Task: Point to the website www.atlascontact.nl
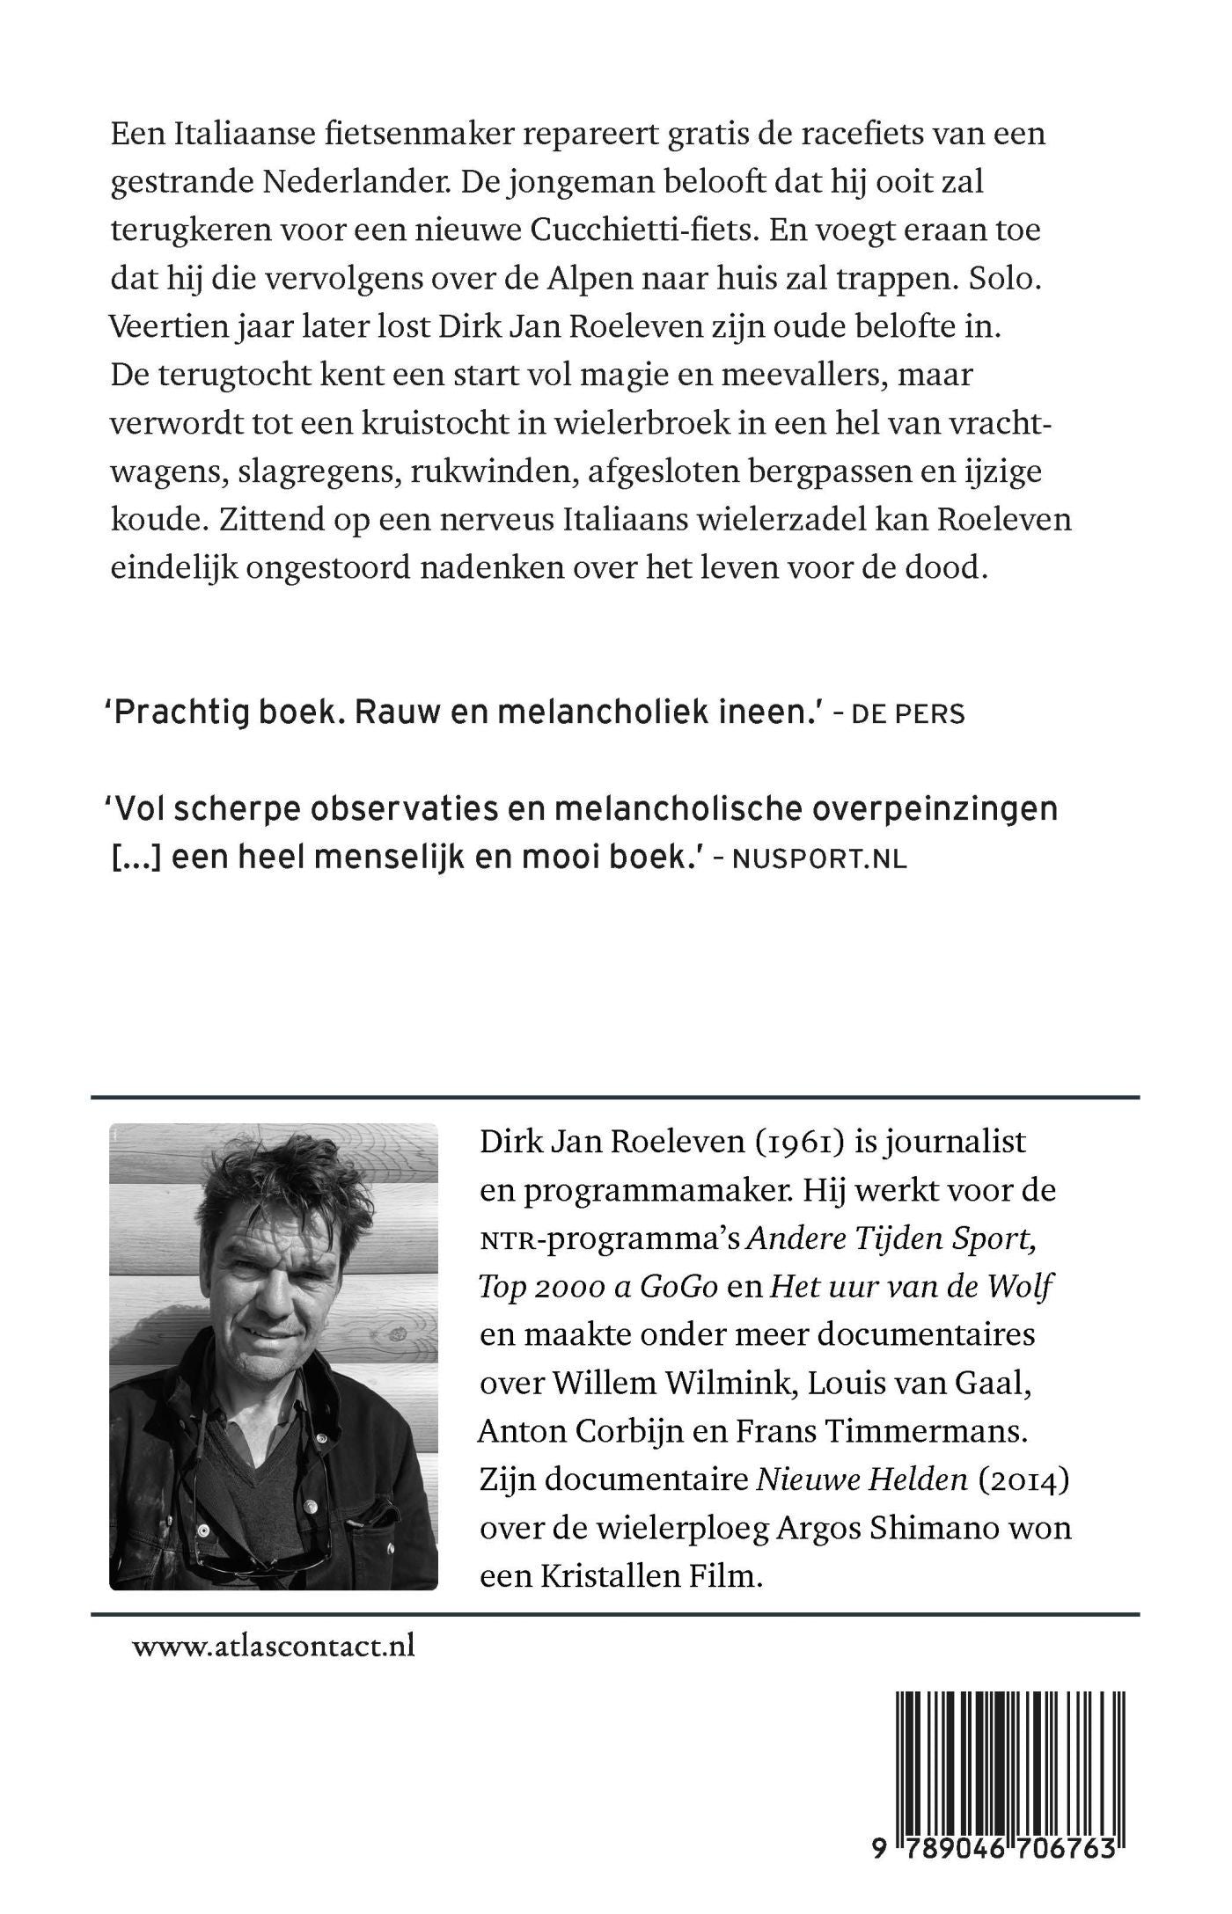click(x=274, y=1646)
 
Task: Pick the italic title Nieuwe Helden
click(x=862, y=1480)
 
